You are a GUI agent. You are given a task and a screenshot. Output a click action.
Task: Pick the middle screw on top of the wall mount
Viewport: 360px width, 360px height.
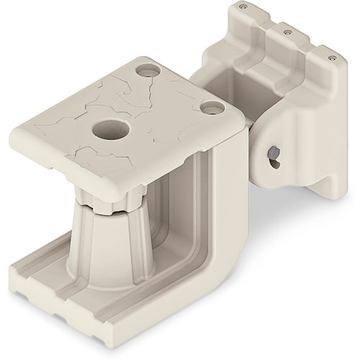(x=289, y=32)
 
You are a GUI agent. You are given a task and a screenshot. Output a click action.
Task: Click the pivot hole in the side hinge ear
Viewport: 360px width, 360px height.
(x=275, y=155)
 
